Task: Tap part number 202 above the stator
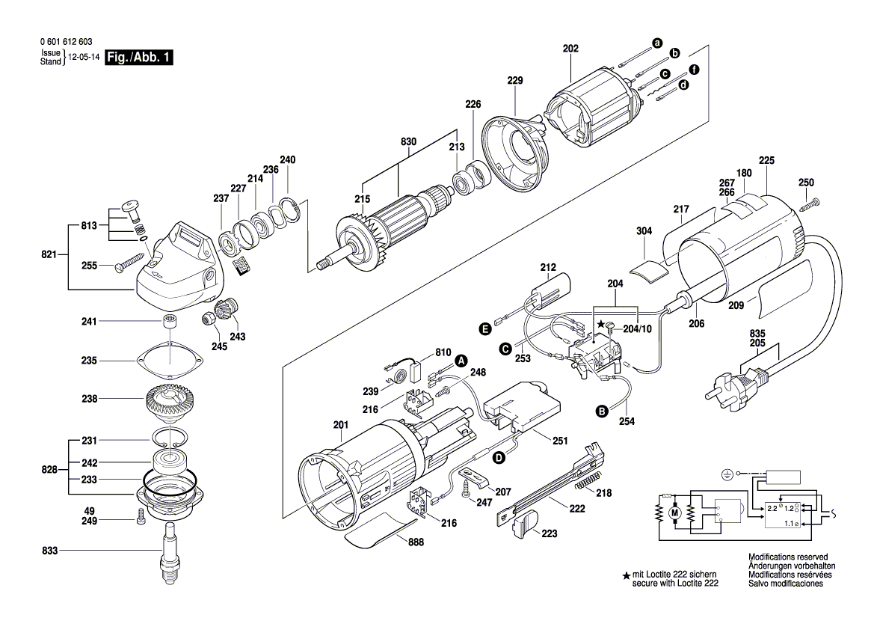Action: [x=570, y=49]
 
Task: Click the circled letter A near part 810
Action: [x=461, y=361]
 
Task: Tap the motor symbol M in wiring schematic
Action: [x=674, y=512]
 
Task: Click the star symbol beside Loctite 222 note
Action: [x=626, y=576]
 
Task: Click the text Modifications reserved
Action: [x=788, y=557]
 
